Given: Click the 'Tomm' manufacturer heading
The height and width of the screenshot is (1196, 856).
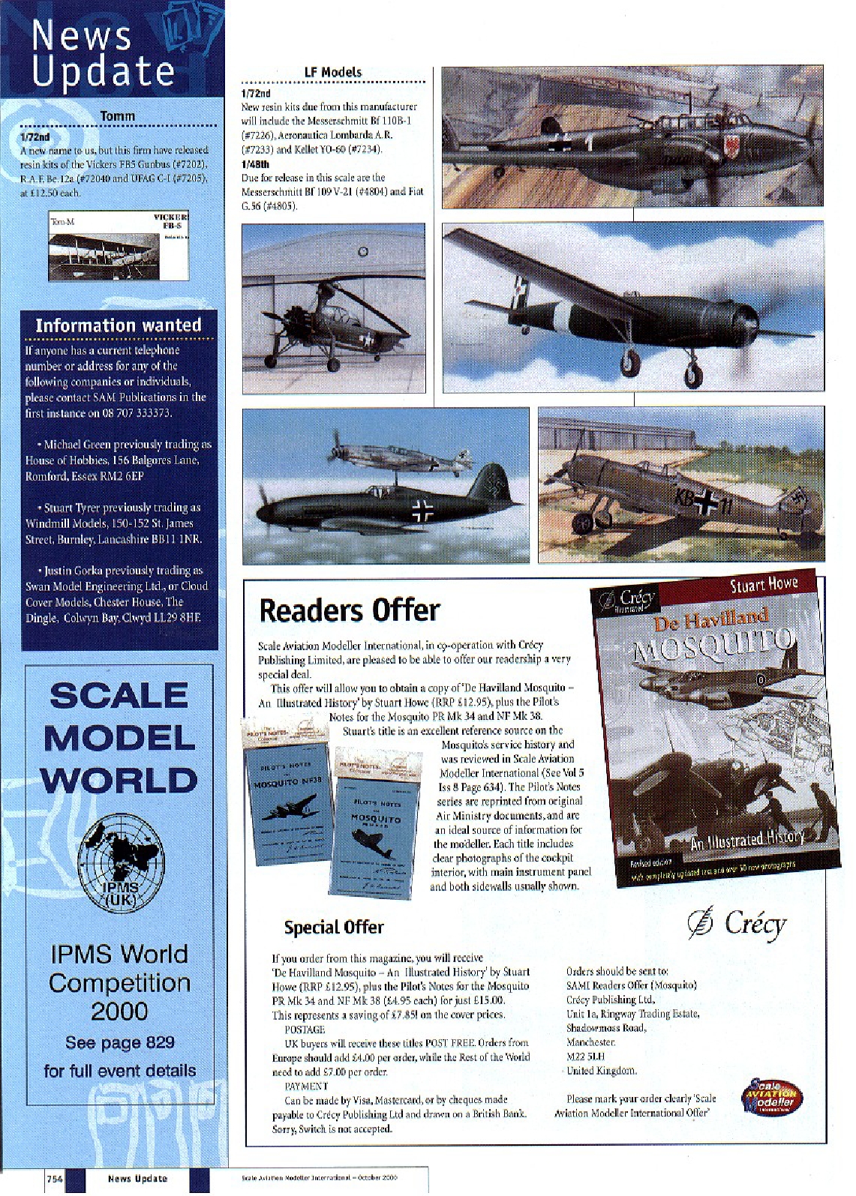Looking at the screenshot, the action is pos(118,116).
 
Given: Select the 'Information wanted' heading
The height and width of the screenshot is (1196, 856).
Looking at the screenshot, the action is pos(119,325).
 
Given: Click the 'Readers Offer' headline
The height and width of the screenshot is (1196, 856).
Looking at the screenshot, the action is pos(349,610).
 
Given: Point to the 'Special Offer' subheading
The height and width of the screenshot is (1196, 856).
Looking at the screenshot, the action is pos(334,928).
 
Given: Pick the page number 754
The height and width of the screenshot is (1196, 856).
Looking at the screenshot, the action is pos(54,1178).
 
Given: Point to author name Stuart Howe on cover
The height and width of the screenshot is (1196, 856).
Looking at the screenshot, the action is pos(764,584).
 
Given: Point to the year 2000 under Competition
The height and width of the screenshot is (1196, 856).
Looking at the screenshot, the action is pos(119,1012).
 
